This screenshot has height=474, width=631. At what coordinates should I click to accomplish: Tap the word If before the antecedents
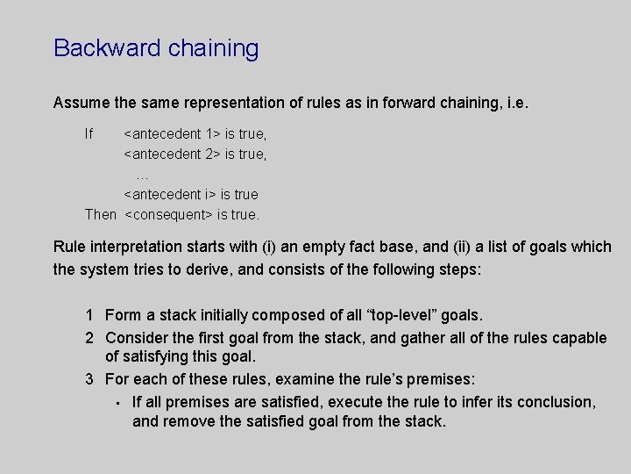point(89,134)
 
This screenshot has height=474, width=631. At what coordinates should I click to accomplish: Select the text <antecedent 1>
point(172,134)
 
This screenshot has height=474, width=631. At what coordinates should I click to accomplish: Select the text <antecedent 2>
point(172,154)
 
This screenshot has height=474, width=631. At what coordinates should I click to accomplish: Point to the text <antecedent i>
point(170,194)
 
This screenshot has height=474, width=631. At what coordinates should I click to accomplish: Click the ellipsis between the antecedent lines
point(142,174)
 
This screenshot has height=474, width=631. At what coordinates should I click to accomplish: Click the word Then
point(100,214)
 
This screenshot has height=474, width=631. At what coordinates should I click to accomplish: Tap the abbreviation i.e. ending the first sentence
point(516,103)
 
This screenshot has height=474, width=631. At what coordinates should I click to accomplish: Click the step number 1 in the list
point(90,314)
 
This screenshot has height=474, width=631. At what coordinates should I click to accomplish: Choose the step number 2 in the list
point(90,338)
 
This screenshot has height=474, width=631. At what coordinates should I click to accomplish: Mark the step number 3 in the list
point(90,379)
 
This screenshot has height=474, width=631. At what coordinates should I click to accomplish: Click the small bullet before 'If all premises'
point(117,403)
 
